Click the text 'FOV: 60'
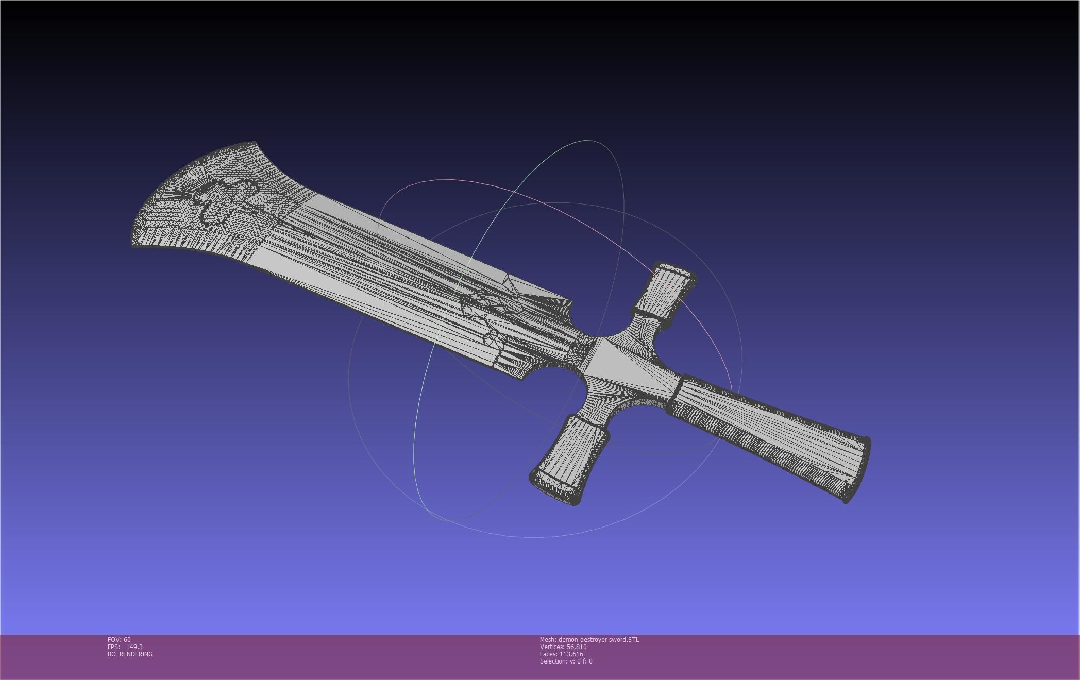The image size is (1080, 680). point(119,639)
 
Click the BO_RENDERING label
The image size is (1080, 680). point(130,654)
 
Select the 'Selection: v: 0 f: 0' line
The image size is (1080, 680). point(566,661)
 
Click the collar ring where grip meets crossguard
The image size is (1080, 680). point(676,395)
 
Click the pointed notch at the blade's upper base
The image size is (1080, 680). point(571,302)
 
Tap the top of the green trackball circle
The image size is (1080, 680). point(586,140)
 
